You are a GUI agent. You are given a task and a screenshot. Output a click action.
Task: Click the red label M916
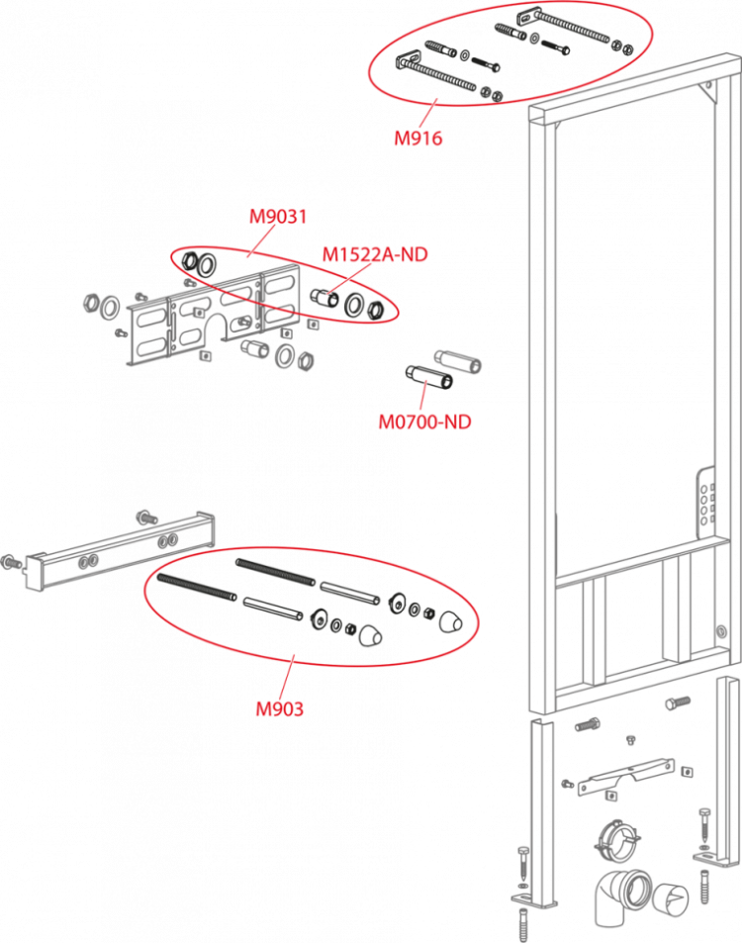417,139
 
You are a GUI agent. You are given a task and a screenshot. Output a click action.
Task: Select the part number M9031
277,217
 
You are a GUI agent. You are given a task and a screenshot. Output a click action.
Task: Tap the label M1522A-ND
375,255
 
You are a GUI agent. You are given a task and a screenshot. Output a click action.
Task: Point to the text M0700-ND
424,423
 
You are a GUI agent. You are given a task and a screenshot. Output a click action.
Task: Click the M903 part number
279,708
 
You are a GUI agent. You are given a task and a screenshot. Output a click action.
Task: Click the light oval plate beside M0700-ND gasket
458,360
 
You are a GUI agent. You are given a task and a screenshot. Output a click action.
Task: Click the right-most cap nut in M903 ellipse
451,620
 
